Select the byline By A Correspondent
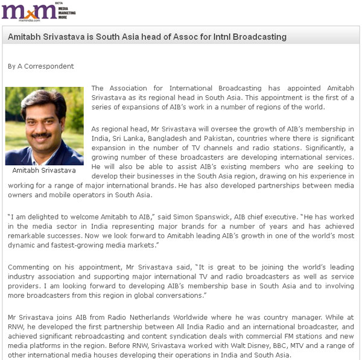[x=41, y=66]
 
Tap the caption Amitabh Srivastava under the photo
[x=44, y=170]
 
